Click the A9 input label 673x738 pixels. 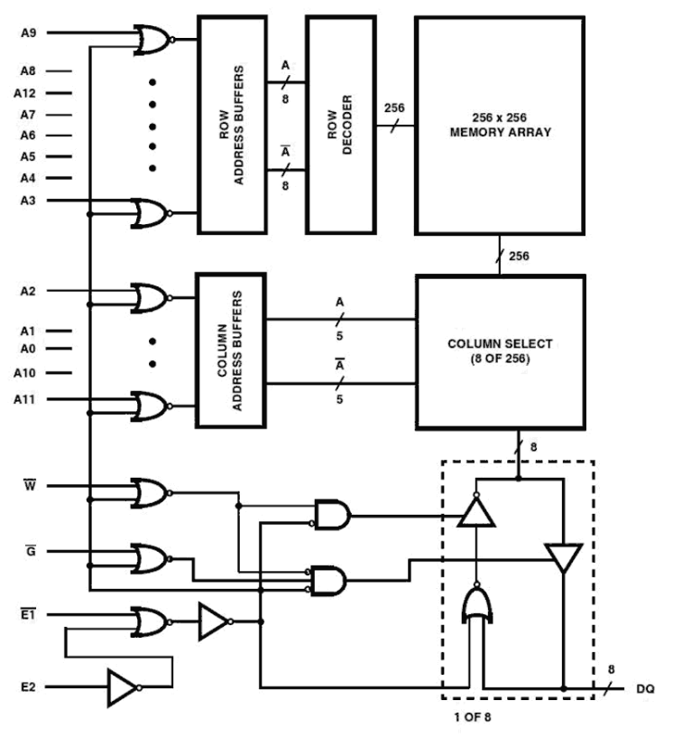tap(28, 33)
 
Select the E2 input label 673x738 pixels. tap(28, 686)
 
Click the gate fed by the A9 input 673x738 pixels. tap(152, 39)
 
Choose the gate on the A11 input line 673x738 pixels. tap(152, 406)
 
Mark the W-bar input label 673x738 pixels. tap(28, 485)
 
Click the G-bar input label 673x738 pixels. tap(28, 550)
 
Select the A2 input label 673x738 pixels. tap(28, 291)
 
